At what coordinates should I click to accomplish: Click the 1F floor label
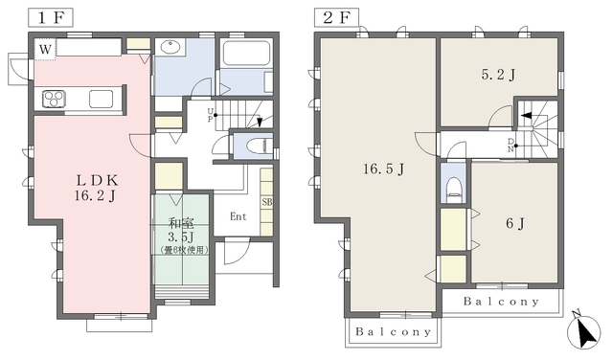click(51, 18)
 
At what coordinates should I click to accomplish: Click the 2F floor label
click(336, 18)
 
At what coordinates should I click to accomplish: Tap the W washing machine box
click(45, 49)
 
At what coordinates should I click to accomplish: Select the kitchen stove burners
click(54, 99)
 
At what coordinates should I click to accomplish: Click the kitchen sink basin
click(101, 99)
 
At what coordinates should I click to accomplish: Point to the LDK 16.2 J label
click(97, 188)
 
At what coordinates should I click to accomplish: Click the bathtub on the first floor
click(246, 54)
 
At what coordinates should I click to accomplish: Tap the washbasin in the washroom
click(170, 47)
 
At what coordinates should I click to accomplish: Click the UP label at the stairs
click(210, 115)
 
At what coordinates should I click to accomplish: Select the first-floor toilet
click(260, 146)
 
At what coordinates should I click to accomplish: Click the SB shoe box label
click(267, 202)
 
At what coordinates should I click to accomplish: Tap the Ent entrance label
click(238, 216)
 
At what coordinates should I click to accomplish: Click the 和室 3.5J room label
click(182, 230)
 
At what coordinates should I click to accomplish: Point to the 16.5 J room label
click(383, 169)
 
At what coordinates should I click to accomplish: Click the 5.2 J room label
click(498, 75)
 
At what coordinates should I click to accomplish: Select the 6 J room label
click(515, 224)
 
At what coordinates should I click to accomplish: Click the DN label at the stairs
click(511, 145)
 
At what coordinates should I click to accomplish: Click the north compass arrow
click(585, 331)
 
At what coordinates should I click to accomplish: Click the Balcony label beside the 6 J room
click(501, 302)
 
